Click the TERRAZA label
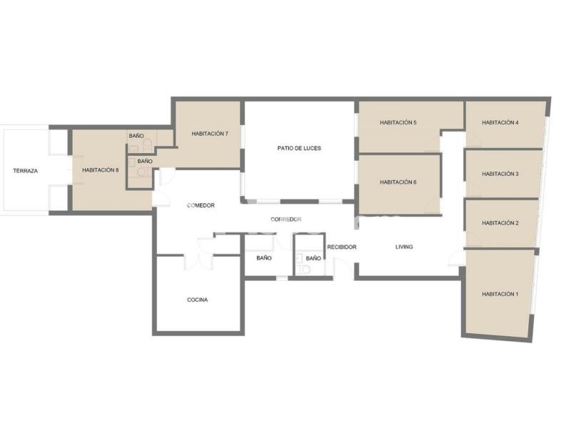(26, 171)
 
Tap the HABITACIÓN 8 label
(101, 170)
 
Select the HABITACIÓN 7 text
(210, 134)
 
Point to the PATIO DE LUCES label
(299, 148)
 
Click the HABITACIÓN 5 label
(398, 122)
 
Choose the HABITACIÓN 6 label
(398, 182)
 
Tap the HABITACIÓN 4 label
(500, 122)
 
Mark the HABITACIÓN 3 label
(500, 174)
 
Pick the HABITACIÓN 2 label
(500, 223)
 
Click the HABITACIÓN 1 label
(500, 294)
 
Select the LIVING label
(404, 247)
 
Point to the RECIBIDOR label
(342, 247)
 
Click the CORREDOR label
(286, 220)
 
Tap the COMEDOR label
(201, 205)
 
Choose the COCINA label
(198, 300)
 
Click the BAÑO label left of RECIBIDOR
(313, 258)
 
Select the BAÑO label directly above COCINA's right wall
(264, 258)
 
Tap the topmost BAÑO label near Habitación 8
(136, 136)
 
